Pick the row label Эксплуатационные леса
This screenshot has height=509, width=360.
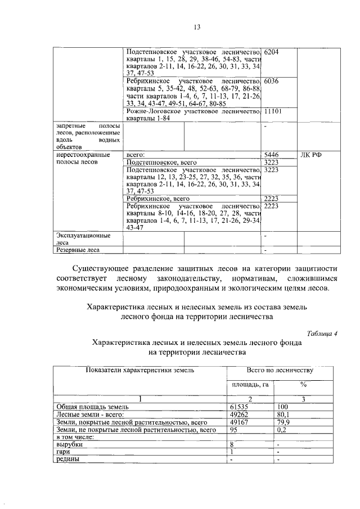[x=82, y=239]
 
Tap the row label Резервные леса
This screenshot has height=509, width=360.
[x=77, y=250]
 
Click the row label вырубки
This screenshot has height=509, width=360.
[x=69, y=444]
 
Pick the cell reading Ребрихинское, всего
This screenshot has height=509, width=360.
[x=158, y=199]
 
